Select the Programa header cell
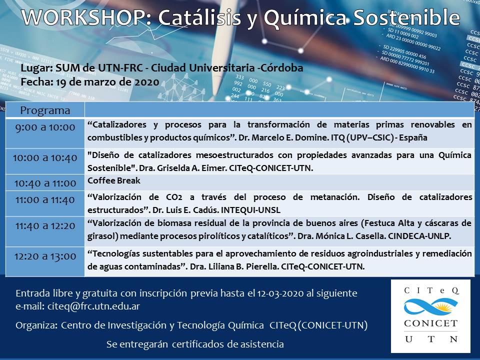[x=45, y=110]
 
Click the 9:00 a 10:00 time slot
[x=45, y=127]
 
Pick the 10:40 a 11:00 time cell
[x=45, y=183]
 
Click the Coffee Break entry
[x=114, y=180]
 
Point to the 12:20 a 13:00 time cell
[x=45, y=256]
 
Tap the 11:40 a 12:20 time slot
[x=45, y=226]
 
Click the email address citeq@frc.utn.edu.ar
[x=93, y=306]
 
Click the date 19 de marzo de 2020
[x=108, y=82]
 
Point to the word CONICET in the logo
[x=430, y=323]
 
